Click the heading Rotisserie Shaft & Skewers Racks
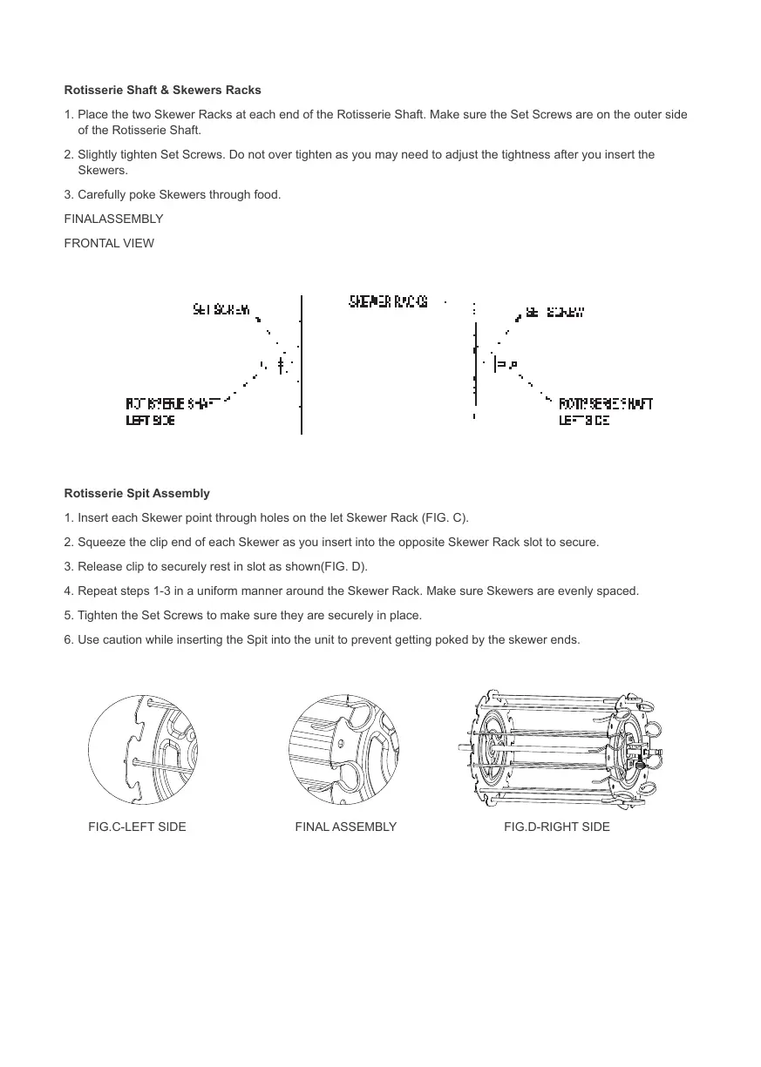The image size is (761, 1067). point(162,91)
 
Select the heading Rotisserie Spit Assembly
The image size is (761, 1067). point(137,494)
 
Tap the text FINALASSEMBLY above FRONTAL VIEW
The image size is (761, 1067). point(113,219)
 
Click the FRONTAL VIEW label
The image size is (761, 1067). point(109,244)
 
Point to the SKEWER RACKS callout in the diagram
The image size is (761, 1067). point(389,301)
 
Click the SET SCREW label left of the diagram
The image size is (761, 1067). point(221,308)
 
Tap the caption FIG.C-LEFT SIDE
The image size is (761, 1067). point(137,827)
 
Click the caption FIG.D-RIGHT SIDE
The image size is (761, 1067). point(556,827)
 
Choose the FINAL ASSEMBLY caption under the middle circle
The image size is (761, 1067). point(345,827)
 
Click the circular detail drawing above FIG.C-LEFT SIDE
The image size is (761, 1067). point(143,750)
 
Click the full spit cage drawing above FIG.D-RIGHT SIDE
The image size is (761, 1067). point(560,746)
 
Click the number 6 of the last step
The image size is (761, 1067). point(68,640)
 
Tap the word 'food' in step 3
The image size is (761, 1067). point(265,194)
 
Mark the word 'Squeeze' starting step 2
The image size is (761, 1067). point(99,543)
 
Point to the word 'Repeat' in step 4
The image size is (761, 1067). point(96,591)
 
